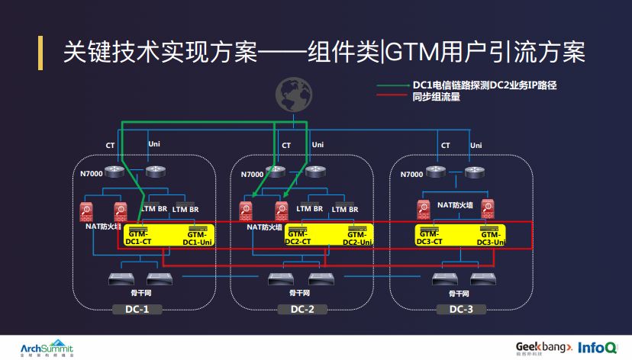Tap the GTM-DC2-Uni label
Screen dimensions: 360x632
pos(357,238)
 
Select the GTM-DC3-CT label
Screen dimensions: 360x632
pos(430,237)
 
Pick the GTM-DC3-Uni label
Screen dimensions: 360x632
pos(492,238)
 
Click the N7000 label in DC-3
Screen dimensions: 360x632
pos(411,175)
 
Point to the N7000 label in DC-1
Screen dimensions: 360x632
pos(92,175)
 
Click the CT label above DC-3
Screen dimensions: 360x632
pos(446,145)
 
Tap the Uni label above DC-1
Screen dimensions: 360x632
pos(153,144)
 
